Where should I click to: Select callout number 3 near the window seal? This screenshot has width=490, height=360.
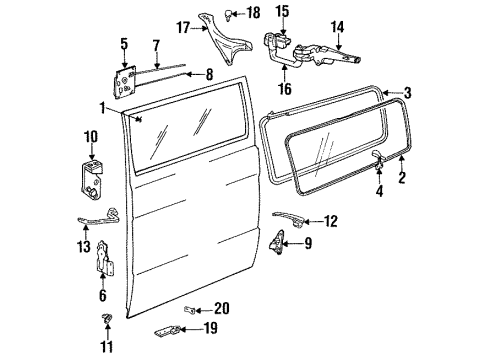pyautogui.click(x=406, y=93)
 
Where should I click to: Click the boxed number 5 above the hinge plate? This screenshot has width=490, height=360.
pyautogui.click(x=124, y=43)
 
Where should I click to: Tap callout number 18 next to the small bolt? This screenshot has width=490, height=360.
pyautogui.click(x=253, y=12)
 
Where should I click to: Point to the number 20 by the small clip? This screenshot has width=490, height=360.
pyautogui.click(x=222, y=308)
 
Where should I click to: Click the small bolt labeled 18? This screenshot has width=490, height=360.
pyautogui.click(x=231, y=13)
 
